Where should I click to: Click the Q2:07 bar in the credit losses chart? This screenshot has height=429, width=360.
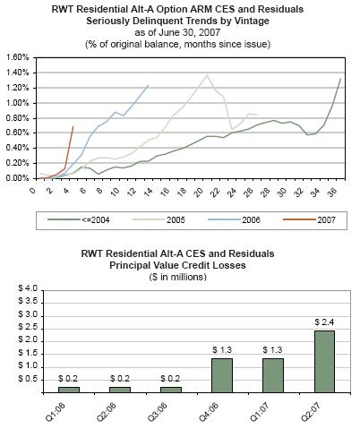[324, 362]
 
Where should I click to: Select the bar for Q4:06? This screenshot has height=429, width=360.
[222, 375]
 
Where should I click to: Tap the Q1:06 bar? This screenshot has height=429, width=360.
[69, 390]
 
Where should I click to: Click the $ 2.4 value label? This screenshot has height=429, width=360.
[324, 322]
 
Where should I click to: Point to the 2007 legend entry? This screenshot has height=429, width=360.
[309, 220]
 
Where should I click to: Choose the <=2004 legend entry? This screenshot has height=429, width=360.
[79, 220]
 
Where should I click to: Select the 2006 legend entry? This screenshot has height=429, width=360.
[234, 220]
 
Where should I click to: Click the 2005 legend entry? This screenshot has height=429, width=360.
[159, 220]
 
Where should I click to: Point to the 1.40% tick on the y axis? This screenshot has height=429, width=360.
[18, 73]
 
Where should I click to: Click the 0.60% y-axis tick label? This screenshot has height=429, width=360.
[18, 133]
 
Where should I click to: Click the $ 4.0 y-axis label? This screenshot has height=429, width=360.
[28, 288]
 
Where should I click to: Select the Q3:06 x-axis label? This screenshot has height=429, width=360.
[158, 411]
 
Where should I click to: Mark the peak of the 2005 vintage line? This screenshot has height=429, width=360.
[207, 75]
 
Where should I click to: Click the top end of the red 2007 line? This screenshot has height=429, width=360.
[73, 126]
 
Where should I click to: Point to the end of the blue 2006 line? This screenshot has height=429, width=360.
[149, 85]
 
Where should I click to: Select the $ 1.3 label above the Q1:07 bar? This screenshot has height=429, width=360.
[272, 350]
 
